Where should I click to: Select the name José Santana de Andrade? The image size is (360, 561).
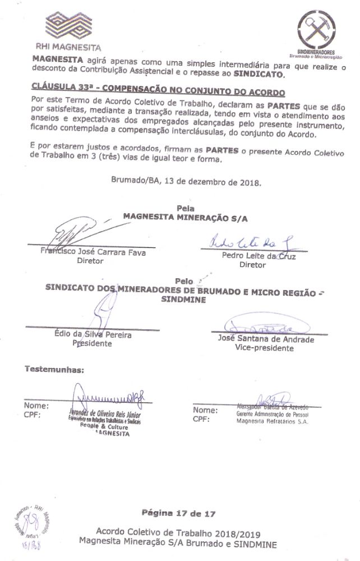pos(265,339)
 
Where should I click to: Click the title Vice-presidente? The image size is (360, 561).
pos(264,348)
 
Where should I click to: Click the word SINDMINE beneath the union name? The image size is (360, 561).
pos(181,300)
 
